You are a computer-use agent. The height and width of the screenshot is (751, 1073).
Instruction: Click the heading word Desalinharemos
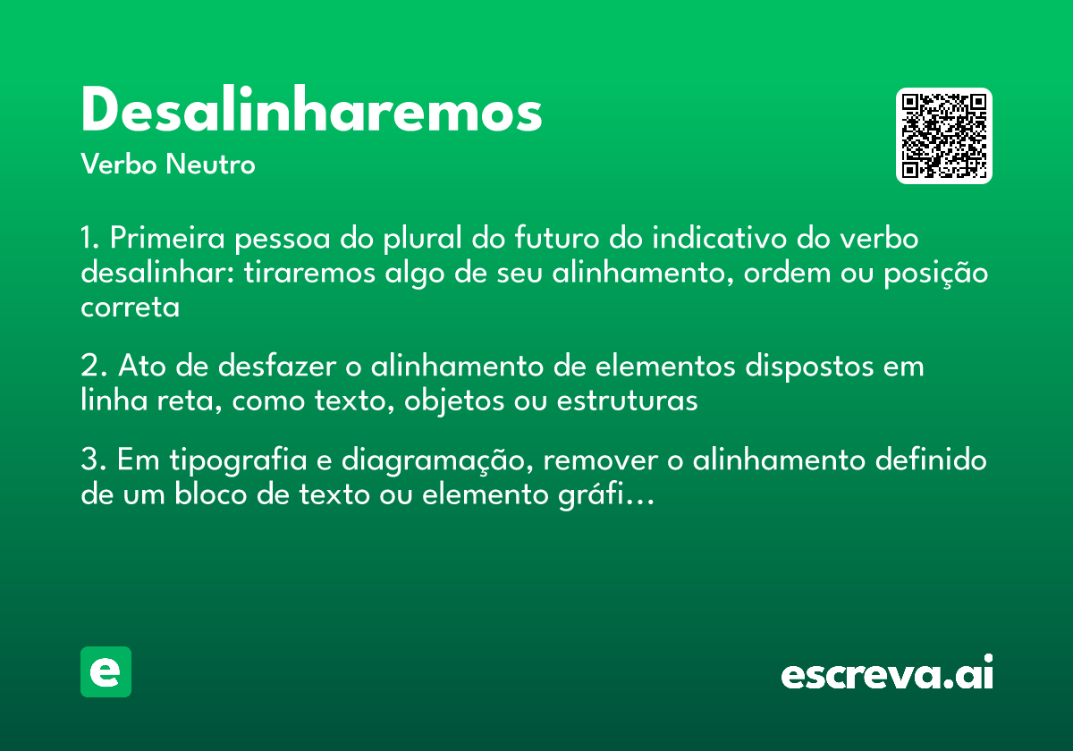coord(311,112)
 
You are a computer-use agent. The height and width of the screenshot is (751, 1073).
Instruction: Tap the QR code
coord(944,136)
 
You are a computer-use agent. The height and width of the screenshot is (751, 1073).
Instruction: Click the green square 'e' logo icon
coord(106,671)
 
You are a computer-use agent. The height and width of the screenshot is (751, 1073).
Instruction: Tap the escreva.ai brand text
coord(887,675)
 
